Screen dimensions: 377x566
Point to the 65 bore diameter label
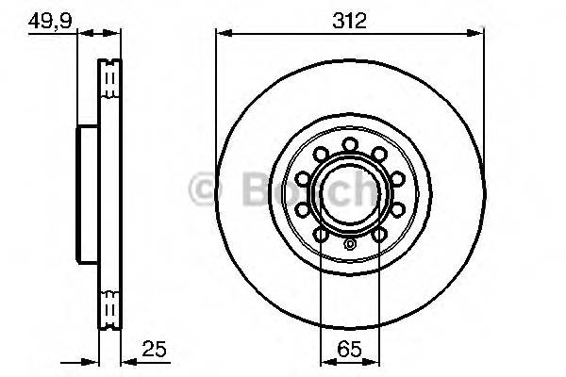[x=350, y=351]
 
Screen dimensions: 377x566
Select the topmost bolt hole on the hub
[x=350, y=144]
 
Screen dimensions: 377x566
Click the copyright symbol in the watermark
[x=206, y=189]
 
